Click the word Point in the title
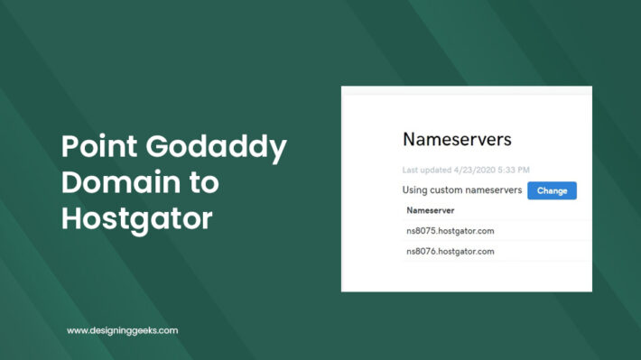click(x=95, y=147)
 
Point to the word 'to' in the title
click(x=205, y=183)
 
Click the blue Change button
click(x=551, y=190)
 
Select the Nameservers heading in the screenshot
click(x=457, y=140)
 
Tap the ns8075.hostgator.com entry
click(x=451, y=231)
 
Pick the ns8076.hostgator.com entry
click(x=451, y=251)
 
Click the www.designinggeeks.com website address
click(x=122, y=331)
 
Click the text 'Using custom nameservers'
click(x=462, y=190)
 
